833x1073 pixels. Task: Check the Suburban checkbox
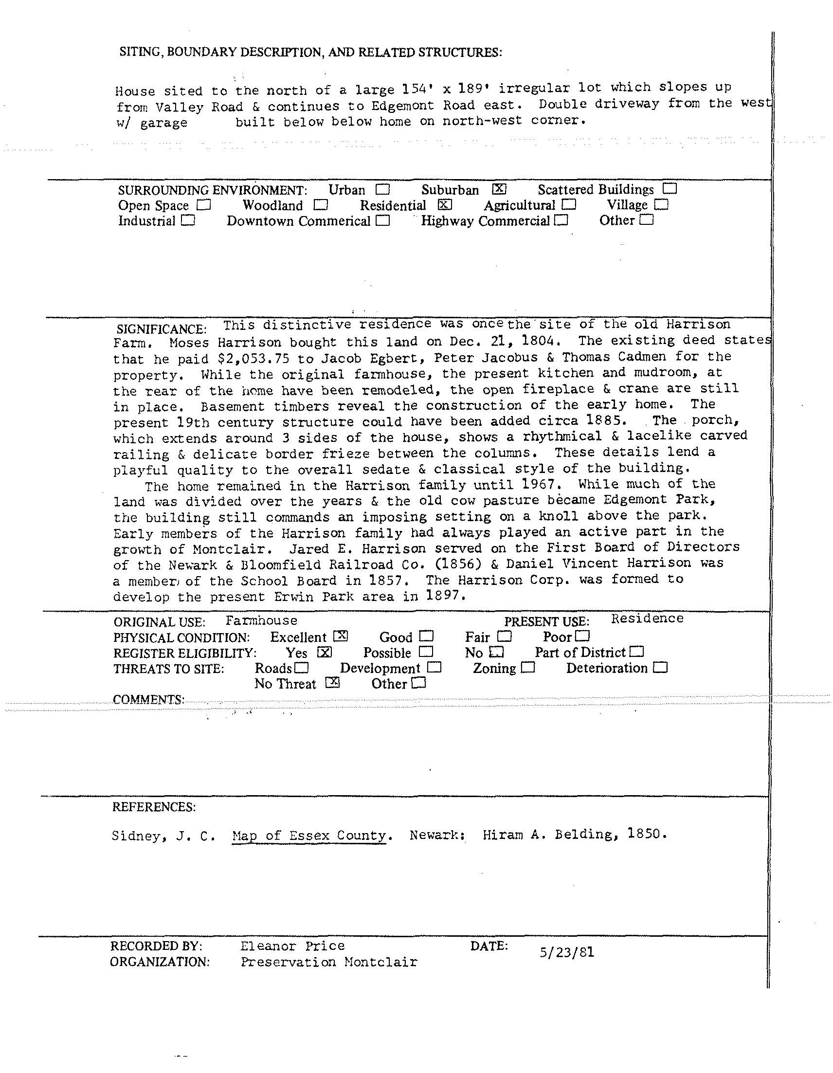tap(499, 189)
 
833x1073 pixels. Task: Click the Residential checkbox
tap(445, 205)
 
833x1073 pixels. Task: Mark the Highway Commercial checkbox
tap(561, 220)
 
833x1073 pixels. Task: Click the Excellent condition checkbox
tap(341, 636)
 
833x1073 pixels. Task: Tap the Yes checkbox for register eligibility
tap(325, 653)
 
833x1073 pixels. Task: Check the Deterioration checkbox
tap(661, 668)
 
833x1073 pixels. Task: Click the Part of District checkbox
tap(637, 652)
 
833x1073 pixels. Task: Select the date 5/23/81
tap(567, 953)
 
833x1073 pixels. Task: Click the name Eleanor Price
tap(293, 946)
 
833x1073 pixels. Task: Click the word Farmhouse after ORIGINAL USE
tap(261, 620)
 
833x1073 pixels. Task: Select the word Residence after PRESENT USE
tap(647, 618)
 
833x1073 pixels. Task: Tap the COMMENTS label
tap(149, 699)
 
